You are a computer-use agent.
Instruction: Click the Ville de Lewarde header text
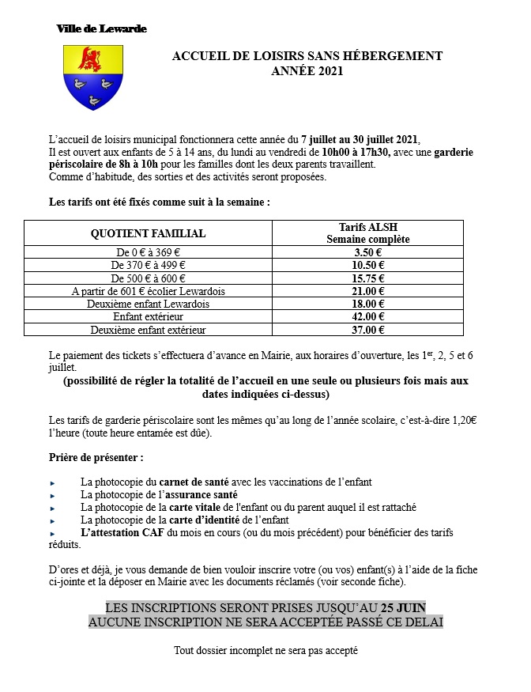click(101, 28)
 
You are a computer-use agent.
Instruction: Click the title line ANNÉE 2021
click(307, 71)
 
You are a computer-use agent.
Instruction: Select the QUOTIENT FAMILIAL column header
click(148, 233)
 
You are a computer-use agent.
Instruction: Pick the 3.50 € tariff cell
click(367, 253)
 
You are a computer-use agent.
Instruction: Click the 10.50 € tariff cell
click(367, 266)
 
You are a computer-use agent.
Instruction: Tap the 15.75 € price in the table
click(367, 278)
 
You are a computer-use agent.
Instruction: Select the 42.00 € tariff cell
click(367, 316)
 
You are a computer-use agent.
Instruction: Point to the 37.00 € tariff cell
click(367, 330)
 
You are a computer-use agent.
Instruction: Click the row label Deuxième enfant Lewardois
click(148, 304)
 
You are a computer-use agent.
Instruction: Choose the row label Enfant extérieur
click(148, 316)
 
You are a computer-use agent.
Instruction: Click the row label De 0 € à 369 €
click(148, 253)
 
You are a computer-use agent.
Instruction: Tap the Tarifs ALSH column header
click(367, 227)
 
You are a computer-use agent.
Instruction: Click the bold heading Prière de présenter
click(96, 458)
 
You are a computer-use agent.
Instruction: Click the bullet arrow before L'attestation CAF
click(52, 534)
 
